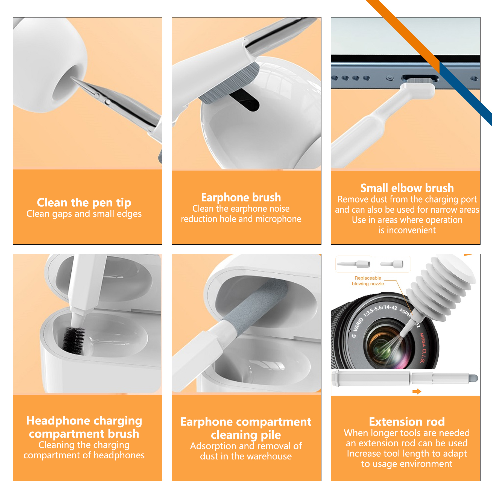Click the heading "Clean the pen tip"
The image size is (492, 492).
(x=84, y=203)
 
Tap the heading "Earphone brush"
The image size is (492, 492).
(x=241, y=197)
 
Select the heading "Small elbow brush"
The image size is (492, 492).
(x=407, y=188)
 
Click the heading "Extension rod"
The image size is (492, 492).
(x=407, y=421)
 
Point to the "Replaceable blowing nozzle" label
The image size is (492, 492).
(x=368, y=281)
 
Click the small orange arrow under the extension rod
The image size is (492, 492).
(x=417, y=392)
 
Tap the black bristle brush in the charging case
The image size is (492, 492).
(x=74, y=340)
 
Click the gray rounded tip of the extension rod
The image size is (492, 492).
(x=474, y=378)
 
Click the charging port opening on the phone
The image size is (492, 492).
(x=420, y=78)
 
